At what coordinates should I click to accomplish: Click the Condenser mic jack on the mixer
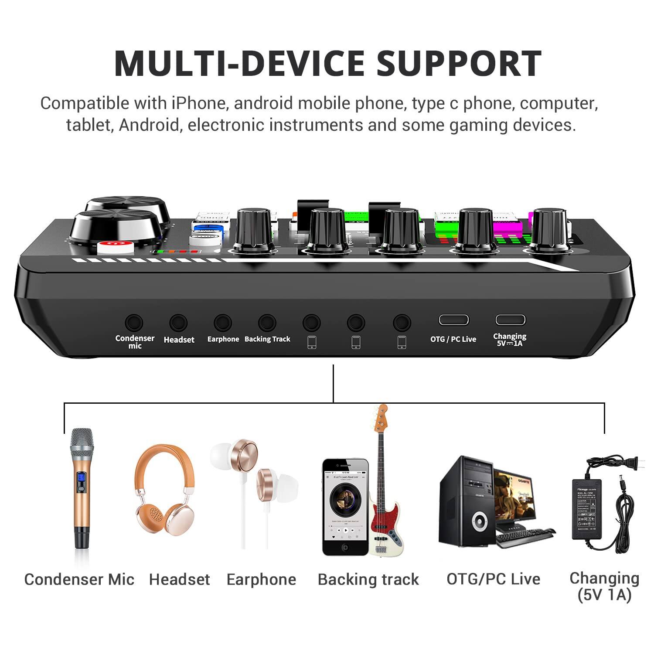coord(134,323)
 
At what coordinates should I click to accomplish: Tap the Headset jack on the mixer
coord(178,323)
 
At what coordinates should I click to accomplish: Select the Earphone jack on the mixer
coord(222,323)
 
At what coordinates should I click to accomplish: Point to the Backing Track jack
coord(267,323)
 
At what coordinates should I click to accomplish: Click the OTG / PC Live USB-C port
coord(453,320)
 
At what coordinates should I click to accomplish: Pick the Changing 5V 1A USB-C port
coord(510,320)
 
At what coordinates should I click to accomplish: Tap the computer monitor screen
coord(514,493)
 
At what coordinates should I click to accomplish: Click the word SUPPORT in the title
coord(459,63)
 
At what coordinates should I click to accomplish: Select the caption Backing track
coord(368,579)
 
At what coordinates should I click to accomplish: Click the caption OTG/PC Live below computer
coord(493,579)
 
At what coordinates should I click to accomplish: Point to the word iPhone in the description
coord(198,103)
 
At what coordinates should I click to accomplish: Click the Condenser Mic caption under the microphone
coord(79,579)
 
